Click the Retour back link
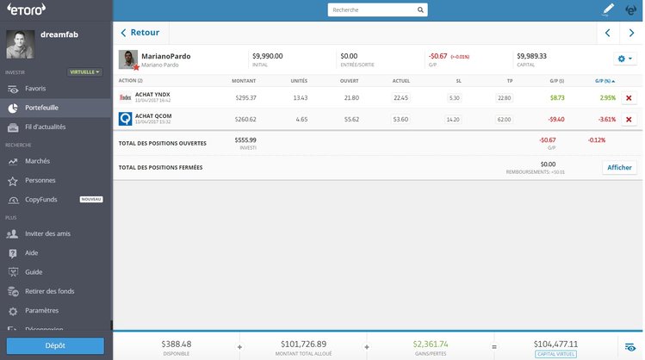coord(141,33)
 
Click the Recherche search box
coord(377,10)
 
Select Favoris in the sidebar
coord(36,89)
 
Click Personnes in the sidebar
coord(40,180)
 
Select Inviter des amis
coord(48,233)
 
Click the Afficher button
coord(619,167)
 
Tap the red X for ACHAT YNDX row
coord(628,97)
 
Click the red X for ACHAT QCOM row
coord(628,119)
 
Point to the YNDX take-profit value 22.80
coord(504,97)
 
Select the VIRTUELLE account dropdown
coord(85,72)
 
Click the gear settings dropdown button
coord(624,58)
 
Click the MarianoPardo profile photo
coord(127,59)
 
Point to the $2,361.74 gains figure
coord(431,344)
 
